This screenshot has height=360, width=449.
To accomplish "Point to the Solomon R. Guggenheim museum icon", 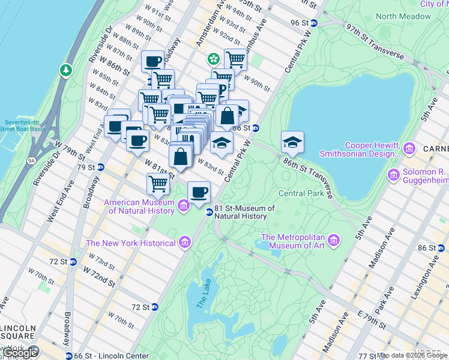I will (x=394, y=175).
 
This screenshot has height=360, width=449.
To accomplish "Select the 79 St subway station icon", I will (x=101, y=167).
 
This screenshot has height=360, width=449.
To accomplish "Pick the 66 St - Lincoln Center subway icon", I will (x=70, y=356).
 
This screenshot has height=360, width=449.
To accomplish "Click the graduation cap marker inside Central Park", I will (x=292, y=142).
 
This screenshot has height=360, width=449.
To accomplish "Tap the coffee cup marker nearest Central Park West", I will (x=199, y=193).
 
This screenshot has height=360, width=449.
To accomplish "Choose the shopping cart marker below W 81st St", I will (x=158, y=184).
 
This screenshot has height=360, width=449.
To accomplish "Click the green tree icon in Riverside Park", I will (x=65, y=71).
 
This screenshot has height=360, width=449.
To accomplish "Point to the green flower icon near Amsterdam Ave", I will (x=213, y=59).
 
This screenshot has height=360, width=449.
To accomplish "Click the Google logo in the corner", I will (x=20, y=353).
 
